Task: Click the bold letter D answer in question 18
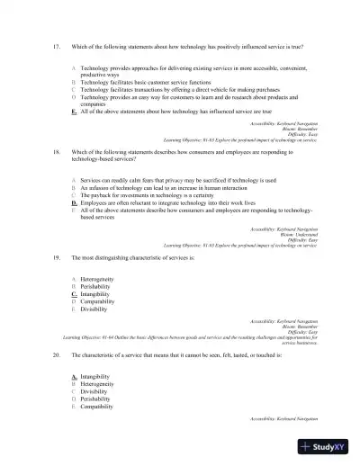(73, 204)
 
